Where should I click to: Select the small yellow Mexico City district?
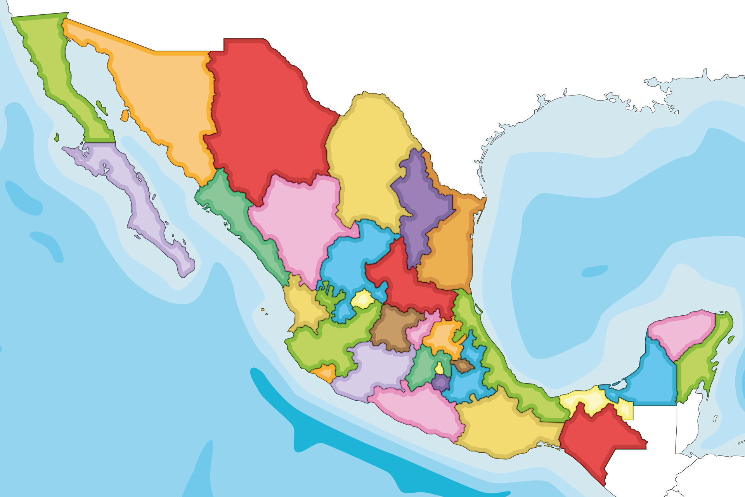point(439,368)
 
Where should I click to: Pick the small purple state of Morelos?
point(440,382)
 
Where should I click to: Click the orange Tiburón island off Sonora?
point(125,115)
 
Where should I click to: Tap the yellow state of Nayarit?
point(305,307)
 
